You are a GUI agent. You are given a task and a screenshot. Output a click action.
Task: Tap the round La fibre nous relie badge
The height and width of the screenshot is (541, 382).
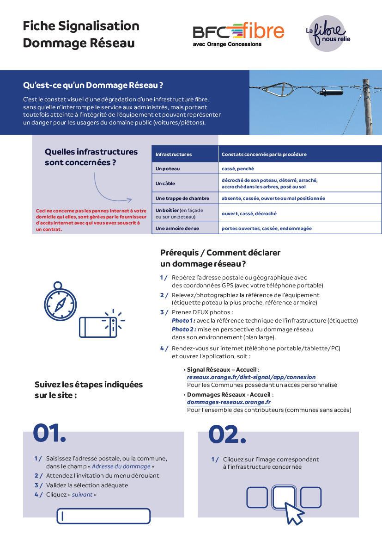point(327,33)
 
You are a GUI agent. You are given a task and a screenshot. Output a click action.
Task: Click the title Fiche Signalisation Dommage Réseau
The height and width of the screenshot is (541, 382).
point(81,34)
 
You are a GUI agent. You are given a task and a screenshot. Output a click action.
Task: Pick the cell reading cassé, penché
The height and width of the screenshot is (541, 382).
point(237,169)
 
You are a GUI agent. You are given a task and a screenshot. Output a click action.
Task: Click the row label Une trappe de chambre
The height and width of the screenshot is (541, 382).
point(182,198)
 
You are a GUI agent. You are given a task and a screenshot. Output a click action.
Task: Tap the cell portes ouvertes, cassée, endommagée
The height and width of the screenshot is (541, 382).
point(267,228)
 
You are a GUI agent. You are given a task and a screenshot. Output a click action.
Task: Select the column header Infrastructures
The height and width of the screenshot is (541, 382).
point(174,154)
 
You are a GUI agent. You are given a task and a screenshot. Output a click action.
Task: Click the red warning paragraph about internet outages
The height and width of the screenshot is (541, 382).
point(91,220)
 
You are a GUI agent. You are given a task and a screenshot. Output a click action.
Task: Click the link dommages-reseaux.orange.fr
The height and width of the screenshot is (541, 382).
point(229,402)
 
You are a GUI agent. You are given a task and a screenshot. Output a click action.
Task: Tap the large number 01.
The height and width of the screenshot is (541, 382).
point(49,433)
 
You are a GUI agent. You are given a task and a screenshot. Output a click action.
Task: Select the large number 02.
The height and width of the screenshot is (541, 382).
point(227,435)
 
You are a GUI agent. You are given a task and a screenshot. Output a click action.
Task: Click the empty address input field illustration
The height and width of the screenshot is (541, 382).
point(103,516)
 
